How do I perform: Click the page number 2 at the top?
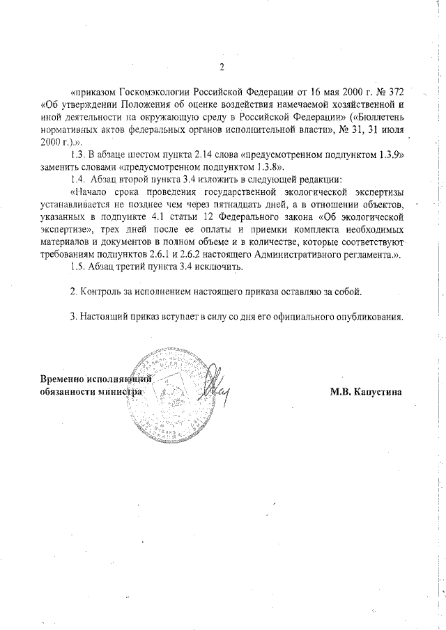(221, 68)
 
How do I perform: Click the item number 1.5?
(79, 266)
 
